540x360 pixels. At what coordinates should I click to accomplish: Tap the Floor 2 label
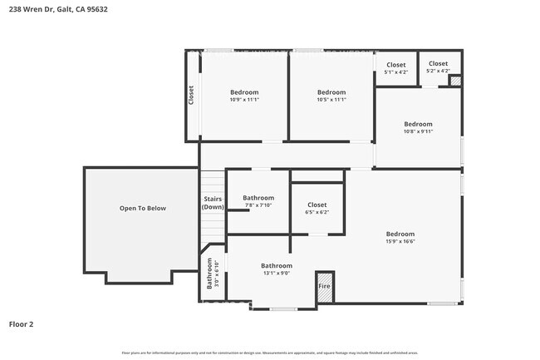point(21,324)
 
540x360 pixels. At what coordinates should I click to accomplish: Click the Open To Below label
point(143,208)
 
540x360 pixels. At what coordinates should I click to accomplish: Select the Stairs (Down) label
point(213,203)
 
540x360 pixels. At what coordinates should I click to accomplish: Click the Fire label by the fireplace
point(324,286)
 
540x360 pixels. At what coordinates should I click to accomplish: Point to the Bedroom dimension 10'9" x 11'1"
point(244,100)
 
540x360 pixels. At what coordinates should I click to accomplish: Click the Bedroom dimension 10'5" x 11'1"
point(331,100)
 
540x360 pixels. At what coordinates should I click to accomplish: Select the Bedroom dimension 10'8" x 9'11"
point(418,131)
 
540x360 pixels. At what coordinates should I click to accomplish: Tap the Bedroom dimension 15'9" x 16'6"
point(400,242)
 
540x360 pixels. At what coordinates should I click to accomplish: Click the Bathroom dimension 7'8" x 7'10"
point(258,205)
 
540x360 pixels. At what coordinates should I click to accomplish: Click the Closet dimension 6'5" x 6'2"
point(317,212)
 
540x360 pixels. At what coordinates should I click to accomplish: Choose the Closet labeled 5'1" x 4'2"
point(395,72)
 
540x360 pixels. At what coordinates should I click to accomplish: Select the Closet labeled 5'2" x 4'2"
point(438,71)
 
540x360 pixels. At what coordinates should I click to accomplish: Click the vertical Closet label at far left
point(191,95)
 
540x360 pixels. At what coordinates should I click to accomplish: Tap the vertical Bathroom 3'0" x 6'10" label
point(209,273)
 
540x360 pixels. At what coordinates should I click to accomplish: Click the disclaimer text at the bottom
point(269,353)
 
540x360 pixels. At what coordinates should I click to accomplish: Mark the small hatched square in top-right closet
point(454,81)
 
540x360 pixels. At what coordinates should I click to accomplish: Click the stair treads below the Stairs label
point(213,229)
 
